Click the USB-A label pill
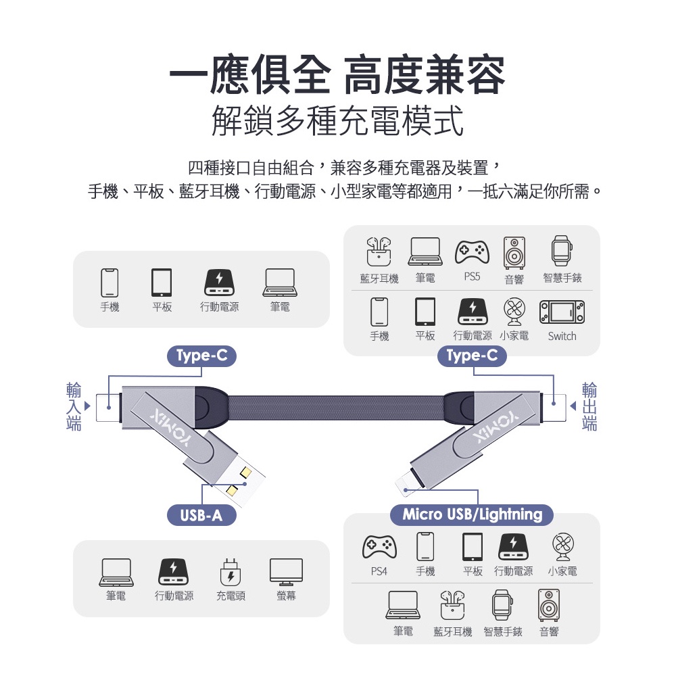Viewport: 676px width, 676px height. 201,516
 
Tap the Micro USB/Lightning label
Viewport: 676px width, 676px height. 472,514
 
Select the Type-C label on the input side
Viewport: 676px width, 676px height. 201,356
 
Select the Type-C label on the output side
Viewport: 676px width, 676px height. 472,356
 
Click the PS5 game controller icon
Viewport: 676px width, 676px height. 471,251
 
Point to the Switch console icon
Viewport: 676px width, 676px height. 562,310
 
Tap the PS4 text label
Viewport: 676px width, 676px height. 379,571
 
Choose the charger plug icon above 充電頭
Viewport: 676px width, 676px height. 231,572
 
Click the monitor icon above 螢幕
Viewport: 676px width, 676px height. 286,572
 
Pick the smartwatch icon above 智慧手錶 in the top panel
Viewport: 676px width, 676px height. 561,251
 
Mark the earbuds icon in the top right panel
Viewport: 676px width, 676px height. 379,251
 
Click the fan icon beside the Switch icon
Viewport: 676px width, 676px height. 514,312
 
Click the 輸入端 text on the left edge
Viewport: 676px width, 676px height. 74,407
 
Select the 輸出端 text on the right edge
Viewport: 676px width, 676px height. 589,407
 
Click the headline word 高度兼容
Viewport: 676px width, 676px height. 424,76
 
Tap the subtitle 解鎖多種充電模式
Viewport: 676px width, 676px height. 337,122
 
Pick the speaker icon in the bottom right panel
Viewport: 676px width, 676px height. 548,604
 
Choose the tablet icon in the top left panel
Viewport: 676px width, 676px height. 162,283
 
